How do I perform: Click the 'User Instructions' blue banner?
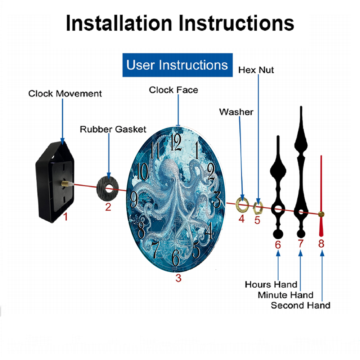177,65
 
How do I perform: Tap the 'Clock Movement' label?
65,94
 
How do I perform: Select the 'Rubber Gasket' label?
113,129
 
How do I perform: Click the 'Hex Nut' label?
256,70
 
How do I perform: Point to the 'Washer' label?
236,112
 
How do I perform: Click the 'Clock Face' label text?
174,90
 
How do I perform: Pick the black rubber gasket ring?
108,189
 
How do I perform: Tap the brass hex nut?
258,208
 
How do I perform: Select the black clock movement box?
55,182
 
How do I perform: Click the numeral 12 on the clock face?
176,142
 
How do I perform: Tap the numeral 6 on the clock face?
176,257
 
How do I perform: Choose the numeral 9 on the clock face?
134,199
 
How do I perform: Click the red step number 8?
321,244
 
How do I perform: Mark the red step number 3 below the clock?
179,278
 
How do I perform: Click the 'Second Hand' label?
301,305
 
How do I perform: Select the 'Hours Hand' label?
271,284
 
